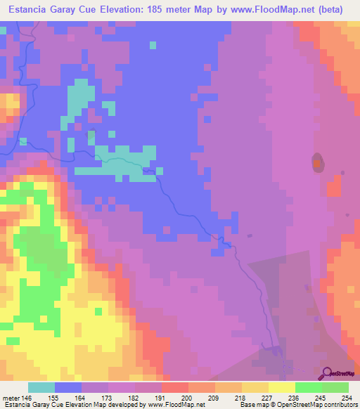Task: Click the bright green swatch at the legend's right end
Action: [335, 387]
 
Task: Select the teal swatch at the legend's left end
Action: [41, 387]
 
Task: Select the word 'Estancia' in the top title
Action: [27, 10]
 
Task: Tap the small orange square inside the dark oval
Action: [318, 164]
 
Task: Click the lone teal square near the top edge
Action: [153, 45]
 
